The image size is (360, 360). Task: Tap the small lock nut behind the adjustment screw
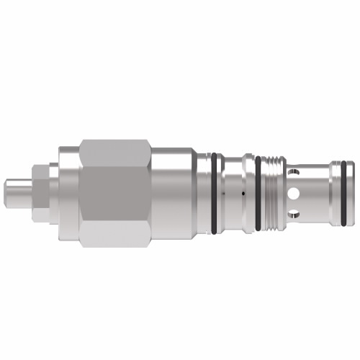(x=40, y=192)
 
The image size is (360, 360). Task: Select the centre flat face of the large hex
(x=115, y=193)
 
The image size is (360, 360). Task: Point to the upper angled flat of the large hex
(x=115, y=153)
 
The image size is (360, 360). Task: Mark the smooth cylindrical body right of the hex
(x=173, y=193)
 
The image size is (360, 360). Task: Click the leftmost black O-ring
(x=215, y=193)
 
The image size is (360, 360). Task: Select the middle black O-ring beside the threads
(x=258, y=193)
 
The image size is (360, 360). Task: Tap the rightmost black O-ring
(x=348, y=193)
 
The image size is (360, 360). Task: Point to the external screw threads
(x=271, y=193)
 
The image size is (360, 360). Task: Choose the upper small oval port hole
(x=294, y=173)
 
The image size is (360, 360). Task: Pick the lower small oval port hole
(x=294, y=215)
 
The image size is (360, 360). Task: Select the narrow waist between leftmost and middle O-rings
(x=231, y=193)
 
